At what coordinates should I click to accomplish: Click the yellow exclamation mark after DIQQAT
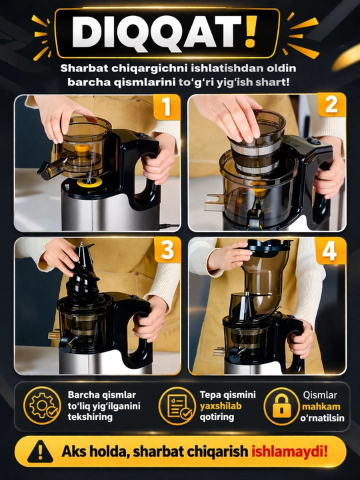(x=251, y=32)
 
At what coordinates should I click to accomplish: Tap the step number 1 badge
(x=167, y=107)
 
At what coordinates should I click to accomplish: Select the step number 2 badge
(x=331, y=105)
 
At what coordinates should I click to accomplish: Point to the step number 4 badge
(x=330, y=251)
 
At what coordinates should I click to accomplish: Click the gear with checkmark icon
(x=42, y=405)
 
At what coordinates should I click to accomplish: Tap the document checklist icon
(x=177, y=405)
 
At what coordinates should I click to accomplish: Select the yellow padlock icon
(x=281, y=406)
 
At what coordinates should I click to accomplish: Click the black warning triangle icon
(x=40, y=452)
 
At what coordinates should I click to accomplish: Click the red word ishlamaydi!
(x=289, y=451)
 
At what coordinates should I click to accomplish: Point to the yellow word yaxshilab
(x=221, y=406)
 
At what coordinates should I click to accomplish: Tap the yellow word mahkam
(x=321, y=407)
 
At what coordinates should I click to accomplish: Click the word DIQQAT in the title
(x=157, y=32)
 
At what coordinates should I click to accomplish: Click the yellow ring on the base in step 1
(x=89, y=182)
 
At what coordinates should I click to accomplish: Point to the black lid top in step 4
(x=269, y=245)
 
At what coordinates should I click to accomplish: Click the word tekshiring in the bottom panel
(x=90, y=417)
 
